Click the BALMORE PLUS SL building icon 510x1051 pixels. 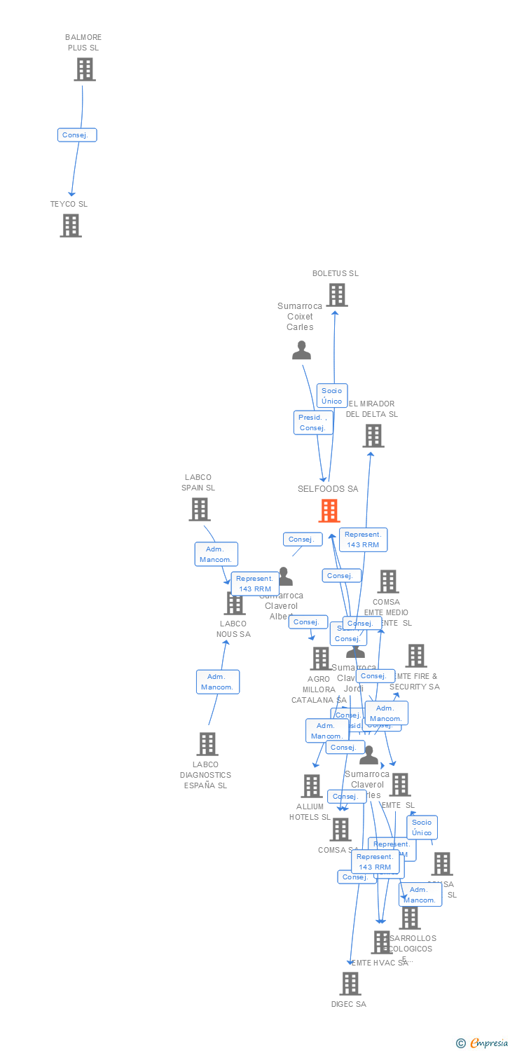pos(85,69)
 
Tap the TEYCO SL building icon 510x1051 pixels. pos(71,226)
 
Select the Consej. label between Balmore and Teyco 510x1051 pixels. pos(77,135)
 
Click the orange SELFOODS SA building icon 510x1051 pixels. pos(329,511)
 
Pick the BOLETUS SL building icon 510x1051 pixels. pos(337,295)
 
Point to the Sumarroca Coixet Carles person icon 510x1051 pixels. pos(301,350)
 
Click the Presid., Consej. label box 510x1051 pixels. pos(312,423)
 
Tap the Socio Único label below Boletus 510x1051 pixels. pos(332,396)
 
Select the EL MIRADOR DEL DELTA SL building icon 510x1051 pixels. pos(373,436)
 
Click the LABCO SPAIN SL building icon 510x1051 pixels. pos(200,509)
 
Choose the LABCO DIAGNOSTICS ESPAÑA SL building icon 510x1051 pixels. pos(207,744)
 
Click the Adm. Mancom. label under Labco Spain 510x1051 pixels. pos(216,554)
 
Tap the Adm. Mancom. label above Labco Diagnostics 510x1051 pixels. pos(218,682)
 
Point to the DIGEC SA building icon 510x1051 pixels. pos(350,984)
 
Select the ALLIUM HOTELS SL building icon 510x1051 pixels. pos(312,786)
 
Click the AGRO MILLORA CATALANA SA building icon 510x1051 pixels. pos(321,659)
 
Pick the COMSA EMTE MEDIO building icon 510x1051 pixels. pos(388,581)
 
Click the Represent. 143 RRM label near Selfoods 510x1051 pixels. pos(363,540)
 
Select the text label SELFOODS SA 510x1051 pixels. pos(328,489)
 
